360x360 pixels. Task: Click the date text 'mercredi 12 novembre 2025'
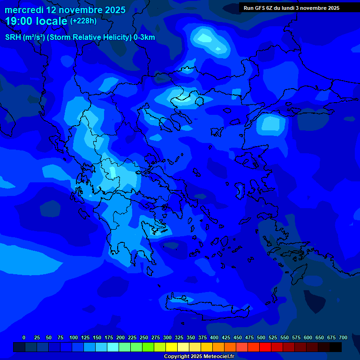[x=65, y=10]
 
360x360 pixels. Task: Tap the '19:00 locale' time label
[x=37, y=21]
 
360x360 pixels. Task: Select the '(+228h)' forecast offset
[x=83, y=21]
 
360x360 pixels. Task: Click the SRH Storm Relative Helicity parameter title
[x=80, y=37]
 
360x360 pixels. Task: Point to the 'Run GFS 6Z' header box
[x=292, y=7]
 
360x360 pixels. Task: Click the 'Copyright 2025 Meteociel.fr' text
[x=199, y=356]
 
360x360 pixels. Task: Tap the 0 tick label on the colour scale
[x=24, y=337]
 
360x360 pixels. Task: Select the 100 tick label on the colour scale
[x=74, y=337]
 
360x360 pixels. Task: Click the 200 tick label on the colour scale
[x=120, y=337]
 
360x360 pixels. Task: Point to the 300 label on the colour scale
[x=167, y=337]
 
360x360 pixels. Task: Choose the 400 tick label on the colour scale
[x=214, y=337]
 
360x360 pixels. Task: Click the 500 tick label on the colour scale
[x=261, y=337]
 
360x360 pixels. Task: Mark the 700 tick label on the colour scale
[x=343, y=337]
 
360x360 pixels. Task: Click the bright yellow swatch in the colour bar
[x=172, y=347]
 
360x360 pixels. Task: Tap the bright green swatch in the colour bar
[x=148, y=347]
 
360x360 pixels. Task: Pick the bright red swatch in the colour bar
[x=265, y=347]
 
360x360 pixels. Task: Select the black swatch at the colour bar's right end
[x=336, y=347]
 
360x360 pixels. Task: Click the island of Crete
[x=206, y=303]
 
